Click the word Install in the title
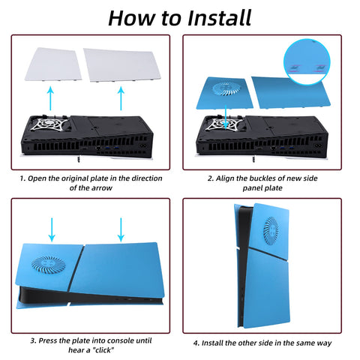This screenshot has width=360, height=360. (219, 18)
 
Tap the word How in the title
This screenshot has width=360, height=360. (132, 18)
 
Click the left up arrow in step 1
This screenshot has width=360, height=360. (50, 98)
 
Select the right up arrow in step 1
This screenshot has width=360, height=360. (121, 98)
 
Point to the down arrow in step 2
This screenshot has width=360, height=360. (226, 117)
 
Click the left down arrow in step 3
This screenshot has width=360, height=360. (52, 229)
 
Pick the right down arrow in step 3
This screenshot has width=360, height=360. (121, 229)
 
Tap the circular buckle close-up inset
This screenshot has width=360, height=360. (307, 61)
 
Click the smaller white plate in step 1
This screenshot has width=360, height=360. (53, 64)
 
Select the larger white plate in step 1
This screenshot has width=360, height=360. (122, 65)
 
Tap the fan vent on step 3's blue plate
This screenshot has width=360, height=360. (48, 265)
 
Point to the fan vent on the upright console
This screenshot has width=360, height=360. (271, 231)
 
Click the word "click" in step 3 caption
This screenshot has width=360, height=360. (103, 350)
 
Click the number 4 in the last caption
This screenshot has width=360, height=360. (196, 343)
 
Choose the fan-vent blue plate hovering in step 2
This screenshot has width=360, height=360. (224, 93)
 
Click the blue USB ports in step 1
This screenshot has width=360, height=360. (112, 148)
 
